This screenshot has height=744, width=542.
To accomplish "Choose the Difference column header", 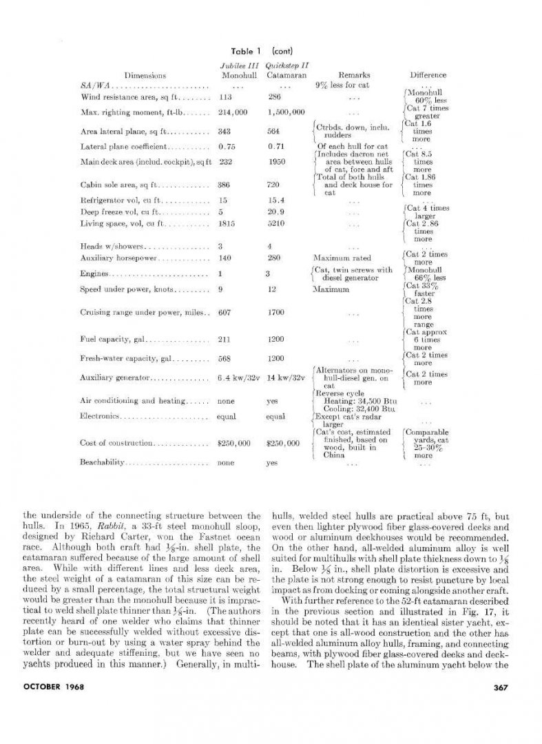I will tap(428, 75).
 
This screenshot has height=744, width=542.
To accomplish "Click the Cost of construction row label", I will tap(114, 443).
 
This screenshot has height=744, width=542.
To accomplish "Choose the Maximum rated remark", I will tap(342, 258).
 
